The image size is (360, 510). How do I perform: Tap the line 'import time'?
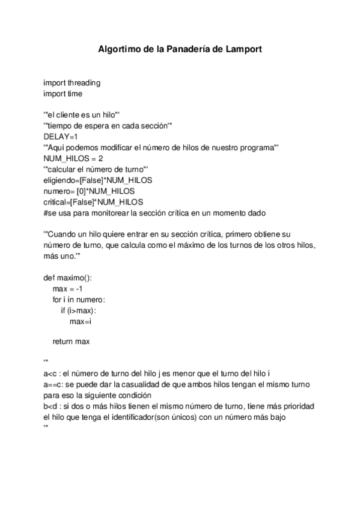[x=63, y=94]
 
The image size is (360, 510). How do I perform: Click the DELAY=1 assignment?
[x=61, y=137]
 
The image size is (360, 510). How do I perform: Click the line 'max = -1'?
[x=67, y=289]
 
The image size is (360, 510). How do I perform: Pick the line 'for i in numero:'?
[x=79, y=300]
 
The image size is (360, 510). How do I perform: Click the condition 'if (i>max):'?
[x=78, y=310]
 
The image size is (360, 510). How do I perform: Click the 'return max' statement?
[x=71, y=342]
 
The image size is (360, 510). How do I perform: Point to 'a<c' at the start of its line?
[x=50, y=373]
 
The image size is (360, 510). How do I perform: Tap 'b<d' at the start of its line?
[x=50, y=406]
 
